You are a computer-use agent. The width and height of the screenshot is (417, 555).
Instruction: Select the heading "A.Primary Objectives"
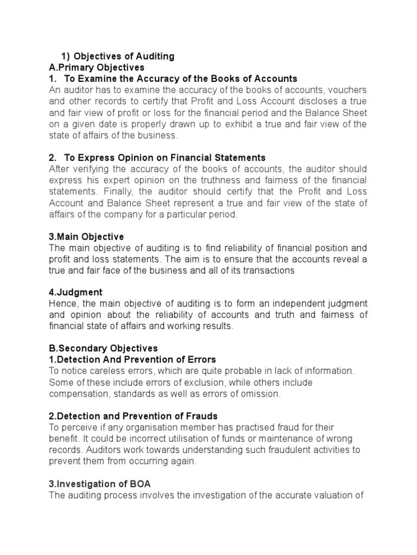point(97,67)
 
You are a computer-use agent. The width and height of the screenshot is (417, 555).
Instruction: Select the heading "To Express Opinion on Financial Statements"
point(165,158)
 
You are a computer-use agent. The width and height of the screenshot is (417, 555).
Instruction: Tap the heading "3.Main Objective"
point(86,237)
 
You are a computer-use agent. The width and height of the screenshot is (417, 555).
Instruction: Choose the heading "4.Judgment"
point(75,293)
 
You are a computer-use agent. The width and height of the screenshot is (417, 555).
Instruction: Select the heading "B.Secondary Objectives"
point(103,348)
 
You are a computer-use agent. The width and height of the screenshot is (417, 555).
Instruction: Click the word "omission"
point(260,393)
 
